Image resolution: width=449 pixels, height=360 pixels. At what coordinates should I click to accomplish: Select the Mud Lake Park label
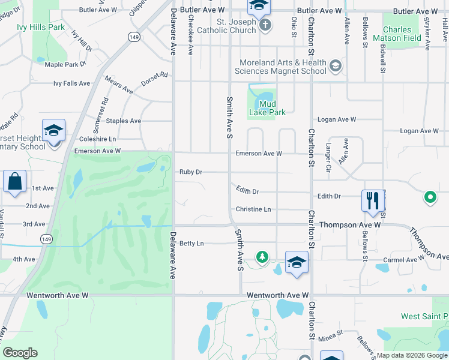(267, 107)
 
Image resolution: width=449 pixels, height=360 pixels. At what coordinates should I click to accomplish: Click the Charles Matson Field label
(397, 34)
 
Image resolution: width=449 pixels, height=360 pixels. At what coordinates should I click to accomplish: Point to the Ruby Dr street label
(191, 172)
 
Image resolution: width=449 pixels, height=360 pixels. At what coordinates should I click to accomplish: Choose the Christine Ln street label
(253, 209)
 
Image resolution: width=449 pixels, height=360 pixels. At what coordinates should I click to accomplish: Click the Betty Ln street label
(191, 244)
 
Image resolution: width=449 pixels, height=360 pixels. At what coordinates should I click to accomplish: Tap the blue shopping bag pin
(14, 181)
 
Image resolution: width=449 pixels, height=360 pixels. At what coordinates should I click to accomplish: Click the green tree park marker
(262, 257)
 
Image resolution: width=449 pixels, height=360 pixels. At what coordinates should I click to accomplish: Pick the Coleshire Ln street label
(98, 139)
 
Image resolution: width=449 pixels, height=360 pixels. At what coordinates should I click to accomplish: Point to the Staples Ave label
(123, 121)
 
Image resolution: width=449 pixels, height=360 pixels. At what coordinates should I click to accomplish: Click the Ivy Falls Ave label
(71, 83)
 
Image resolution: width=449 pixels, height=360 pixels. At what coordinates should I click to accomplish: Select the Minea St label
(330, 331)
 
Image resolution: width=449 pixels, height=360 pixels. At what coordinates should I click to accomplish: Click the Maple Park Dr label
(65, 64)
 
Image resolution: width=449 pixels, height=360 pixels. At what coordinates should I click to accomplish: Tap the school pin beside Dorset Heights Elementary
(53, 130)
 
